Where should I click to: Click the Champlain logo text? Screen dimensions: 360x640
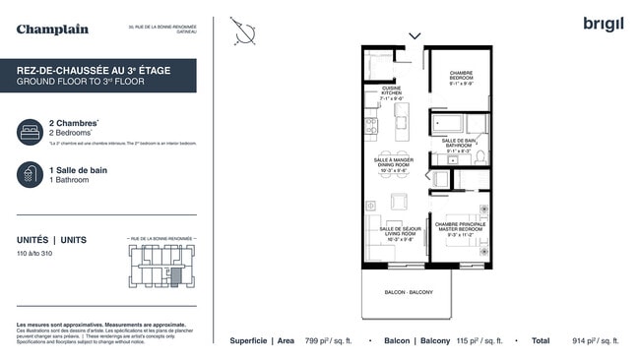52,30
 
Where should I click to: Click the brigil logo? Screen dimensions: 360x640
603,24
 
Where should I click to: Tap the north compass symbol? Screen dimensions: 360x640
244,32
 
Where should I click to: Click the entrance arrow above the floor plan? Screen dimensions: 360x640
415,36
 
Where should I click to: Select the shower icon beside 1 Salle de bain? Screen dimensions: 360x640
30,174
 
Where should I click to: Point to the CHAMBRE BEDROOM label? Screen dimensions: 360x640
461,78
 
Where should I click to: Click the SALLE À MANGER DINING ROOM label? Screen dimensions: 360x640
394,164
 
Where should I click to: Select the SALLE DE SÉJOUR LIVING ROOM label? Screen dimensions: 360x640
394,233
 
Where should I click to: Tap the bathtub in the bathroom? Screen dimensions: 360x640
447,125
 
